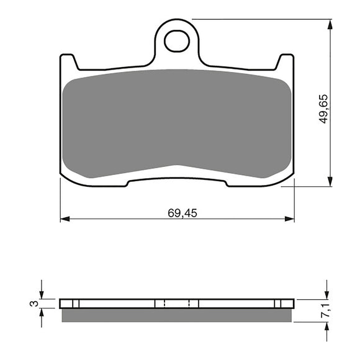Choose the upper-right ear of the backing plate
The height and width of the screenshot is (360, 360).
tap(286, 61)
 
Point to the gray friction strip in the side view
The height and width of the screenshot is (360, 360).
tap(177, 315)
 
